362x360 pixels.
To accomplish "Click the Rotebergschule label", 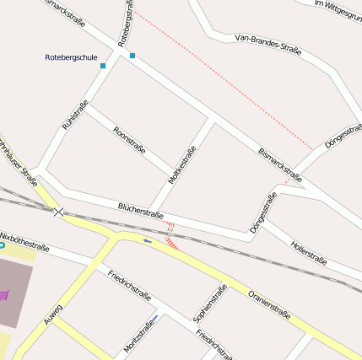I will (71, 57).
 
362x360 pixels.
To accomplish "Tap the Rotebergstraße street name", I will (125, 23).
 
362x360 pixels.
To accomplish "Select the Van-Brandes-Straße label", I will (268, 44).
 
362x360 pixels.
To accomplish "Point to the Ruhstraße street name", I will (74, 115).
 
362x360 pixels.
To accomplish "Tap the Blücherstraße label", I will (141, 210).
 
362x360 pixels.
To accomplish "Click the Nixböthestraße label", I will (25, 242).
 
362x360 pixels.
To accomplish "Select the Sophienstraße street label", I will (210, 304).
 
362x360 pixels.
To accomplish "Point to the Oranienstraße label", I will (269, 304).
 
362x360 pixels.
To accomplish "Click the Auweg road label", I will (53, 314).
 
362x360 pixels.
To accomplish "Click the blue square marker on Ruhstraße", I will (103, 66).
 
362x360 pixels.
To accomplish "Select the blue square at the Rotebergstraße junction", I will (132, 56).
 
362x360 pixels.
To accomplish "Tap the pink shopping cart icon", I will (6, 294).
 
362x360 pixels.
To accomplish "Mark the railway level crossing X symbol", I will (57, 212).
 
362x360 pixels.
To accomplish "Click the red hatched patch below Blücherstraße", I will (172, 243).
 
